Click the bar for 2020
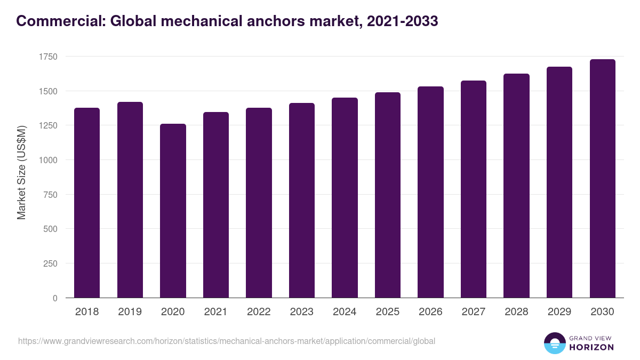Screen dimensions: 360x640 tap(173, 211)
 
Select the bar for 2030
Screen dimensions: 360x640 tap(602, 179)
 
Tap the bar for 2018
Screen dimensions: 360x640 tap(87, 203)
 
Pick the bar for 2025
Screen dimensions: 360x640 tap(388, 195)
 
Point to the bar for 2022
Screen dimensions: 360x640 tap(259, 203)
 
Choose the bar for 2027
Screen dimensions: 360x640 tap(474, 189)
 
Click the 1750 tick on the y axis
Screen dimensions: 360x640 tap(47, 57)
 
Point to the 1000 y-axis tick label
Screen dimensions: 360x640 tap(47, 160)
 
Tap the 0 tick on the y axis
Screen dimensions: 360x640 tap(55, 298)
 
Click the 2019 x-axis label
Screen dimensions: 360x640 tap(130, 312)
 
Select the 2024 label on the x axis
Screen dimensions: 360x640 tap(345, 312)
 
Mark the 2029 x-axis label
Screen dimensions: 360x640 tap(559, 312)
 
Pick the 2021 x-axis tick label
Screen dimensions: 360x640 tap(216, 312)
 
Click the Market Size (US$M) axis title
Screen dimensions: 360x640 tap(21, 172)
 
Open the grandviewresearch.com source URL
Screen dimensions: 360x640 tap(227, 341)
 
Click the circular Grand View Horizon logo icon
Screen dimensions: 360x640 tap(554, 343)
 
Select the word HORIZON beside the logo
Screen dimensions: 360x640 tap(591, 347)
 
